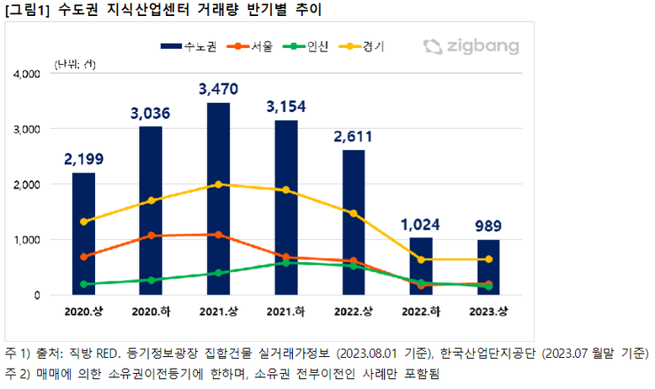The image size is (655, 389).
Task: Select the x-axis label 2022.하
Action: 421,312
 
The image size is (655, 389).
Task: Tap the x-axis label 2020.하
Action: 150,312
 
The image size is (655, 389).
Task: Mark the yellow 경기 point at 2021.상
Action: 218,184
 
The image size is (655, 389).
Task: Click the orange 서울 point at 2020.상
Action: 83,257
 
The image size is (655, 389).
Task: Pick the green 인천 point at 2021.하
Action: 285,263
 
